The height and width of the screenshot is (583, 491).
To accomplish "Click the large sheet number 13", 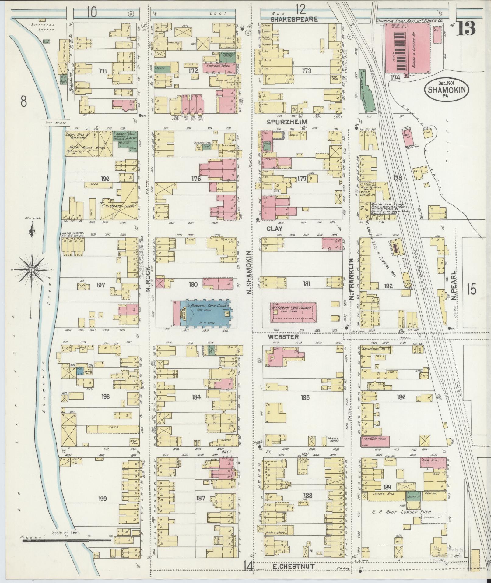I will pyautogui.click(x=465, y=29).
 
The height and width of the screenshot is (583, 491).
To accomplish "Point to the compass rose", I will pyautogui.click(x=32, y=270).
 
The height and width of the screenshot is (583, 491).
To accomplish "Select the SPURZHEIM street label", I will pyautogui.click(x=287, y=122).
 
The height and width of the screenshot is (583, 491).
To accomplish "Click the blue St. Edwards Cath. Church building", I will pyautogui.click(x=204, y=314).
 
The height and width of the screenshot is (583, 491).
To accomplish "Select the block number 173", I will pyautogui.click(x=306, y=71).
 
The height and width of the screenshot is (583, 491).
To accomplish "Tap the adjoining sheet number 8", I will pyautogui.click(x=24, y=101).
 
